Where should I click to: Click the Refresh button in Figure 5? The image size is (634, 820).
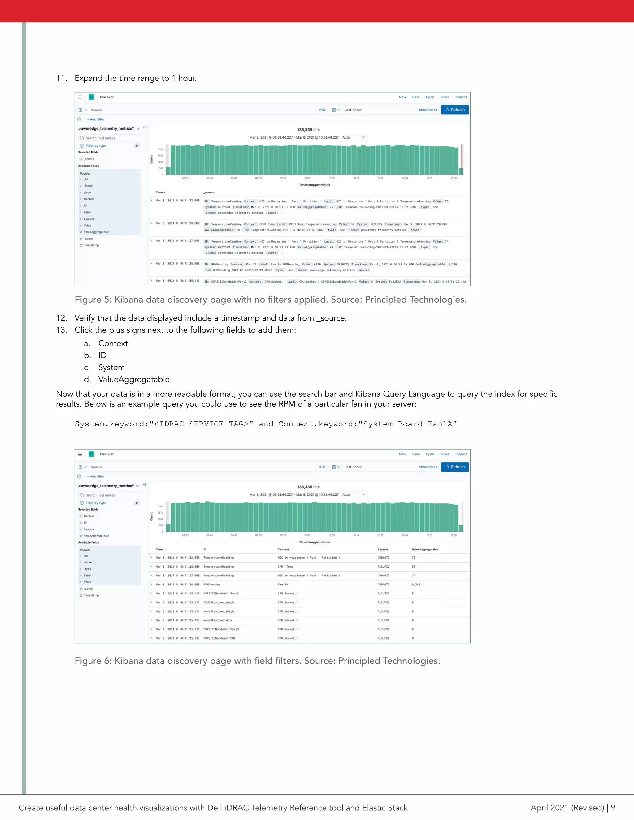455,110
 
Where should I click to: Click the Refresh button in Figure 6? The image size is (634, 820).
455,467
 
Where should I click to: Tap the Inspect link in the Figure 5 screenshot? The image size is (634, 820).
461,97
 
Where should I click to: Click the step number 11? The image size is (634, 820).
61,78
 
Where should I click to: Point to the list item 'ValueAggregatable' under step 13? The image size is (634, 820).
134,379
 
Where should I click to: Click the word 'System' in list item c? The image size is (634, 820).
111,367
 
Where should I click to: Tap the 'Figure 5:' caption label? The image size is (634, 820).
93,299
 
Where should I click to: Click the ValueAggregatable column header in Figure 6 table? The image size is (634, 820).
425,549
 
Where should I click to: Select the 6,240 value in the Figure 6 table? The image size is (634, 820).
416,584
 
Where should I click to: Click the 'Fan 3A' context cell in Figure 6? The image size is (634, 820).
283,584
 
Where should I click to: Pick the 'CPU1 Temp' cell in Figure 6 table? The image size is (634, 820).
285,566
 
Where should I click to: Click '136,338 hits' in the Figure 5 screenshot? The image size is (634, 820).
308,130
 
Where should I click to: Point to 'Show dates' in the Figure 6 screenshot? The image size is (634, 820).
428,467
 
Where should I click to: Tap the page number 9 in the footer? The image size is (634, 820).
613,807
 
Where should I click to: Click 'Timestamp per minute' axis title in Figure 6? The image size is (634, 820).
315,542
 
